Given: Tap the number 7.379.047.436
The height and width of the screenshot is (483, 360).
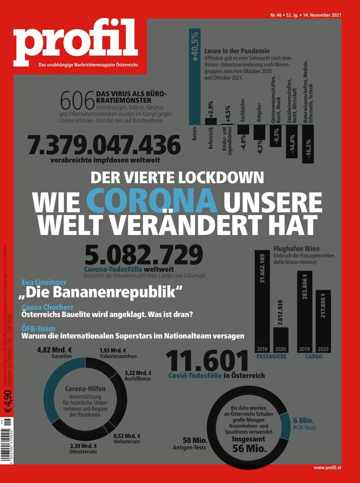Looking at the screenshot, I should tap(104, 145).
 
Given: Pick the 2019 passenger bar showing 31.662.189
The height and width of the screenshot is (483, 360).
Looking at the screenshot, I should tap(262, 301).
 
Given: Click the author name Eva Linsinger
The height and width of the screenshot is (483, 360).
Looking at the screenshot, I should tap(44, 282).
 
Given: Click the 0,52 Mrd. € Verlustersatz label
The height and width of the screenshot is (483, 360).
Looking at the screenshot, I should tap(127, 438).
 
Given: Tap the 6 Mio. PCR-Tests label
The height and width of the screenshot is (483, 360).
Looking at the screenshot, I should tap(305, 423).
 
